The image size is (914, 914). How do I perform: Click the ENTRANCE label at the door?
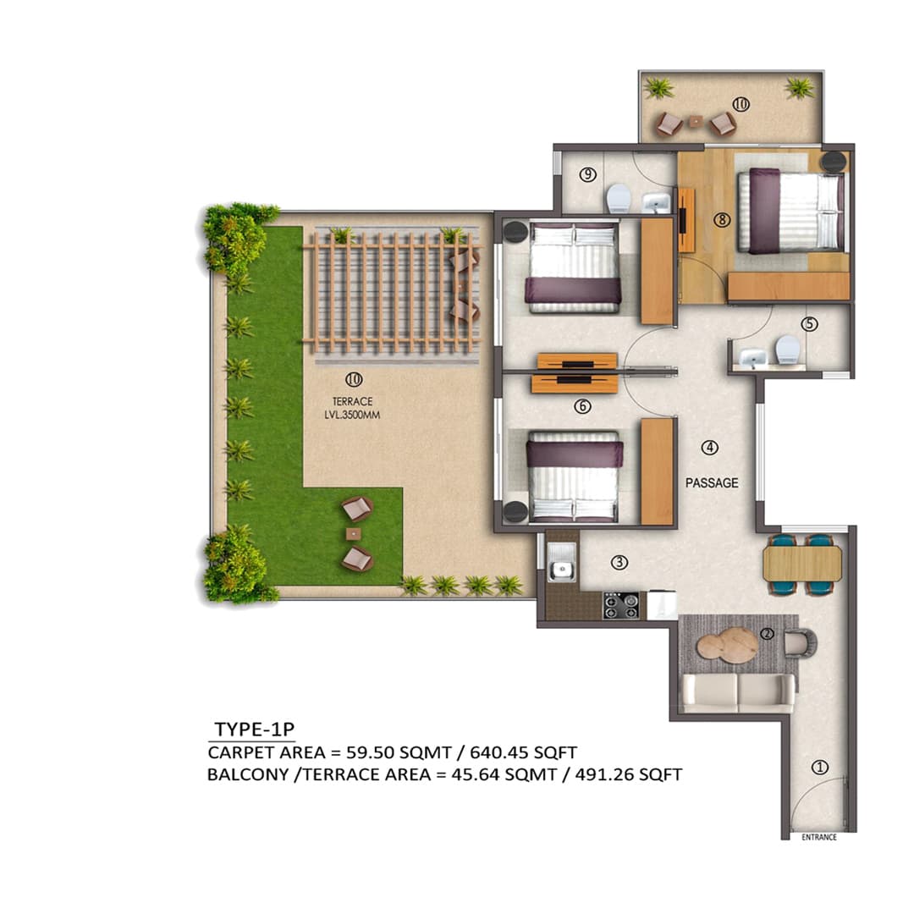[x=818, y=838]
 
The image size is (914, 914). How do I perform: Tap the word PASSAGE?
[x=712, y=483]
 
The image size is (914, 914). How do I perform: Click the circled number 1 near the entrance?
[x=818, y=768]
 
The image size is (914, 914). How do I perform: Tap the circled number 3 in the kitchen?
[x=619, y=562]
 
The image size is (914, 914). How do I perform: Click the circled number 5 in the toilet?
[x=810, y=324]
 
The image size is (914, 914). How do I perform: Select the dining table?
[x=801, y=564]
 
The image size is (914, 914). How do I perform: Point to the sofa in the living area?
[x=738, y=692]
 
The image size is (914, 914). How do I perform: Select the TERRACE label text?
[x=353, y=402]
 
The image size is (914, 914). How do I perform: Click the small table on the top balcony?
[x=695, y=122]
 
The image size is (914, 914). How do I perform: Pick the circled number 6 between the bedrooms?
[x=582, y=406]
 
